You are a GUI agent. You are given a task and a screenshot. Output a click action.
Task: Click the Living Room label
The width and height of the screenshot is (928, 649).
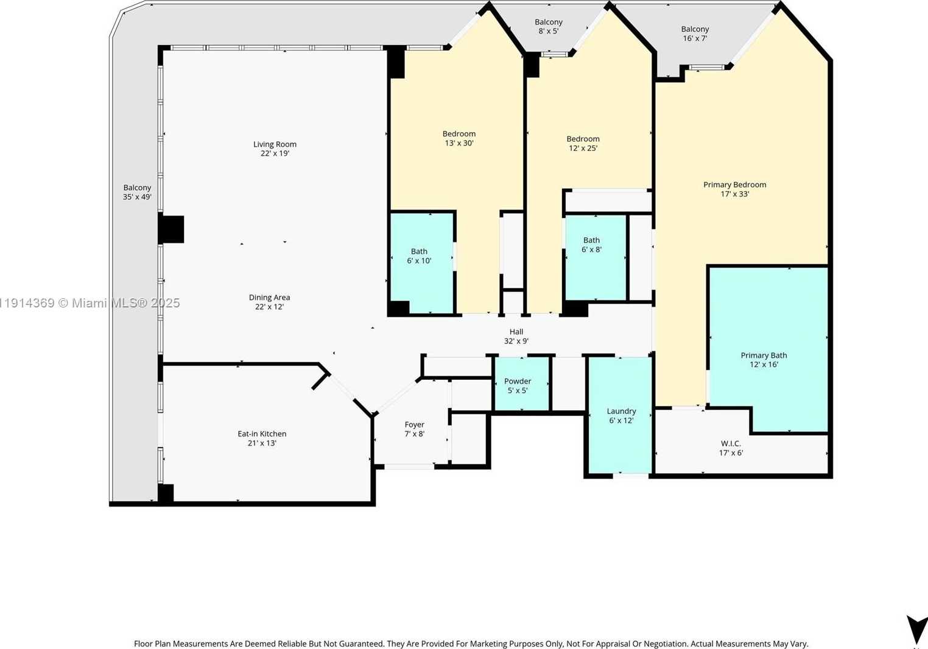(x=275, y=144)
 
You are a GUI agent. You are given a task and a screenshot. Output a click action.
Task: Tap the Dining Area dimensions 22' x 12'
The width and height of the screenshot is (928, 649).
(x=269, y=307)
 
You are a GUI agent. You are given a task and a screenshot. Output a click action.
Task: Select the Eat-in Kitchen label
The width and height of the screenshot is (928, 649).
(x=262, y=433)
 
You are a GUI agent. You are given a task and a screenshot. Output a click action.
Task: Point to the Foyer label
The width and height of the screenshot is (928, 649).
(x=414, y=424)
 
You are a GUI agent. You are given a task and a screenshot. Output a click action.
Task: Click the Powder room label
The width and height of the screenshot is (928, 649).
(x=518, y=381)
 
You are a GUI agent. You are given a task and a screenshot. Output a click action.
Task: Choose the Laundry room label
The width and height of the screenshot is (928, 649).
(x=621, y=412)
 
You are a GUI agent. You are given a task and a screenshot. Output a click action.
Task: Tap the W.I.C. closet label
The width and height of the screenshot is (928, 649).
(x=731, y=444)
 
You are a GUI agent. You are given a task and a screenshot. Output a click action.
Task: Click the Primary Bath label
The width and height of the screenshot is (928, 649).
(x=764, y=356)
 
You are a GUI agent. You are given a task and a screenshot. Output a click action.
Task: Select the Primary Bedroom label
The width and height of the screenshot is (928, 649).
(x=734, y=184)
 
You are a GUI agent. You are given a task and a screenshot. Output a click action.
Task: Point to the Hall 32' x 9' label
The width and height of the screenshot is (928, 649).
(x=516, y=336)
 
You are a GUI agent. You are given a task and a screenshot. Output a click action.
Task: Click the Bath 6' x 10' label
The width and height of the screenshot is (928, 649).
(x=419, y=256)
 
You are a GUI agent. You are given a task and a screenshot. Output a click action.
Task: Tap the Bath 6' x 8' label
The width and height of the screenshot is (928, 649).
(x=591, y=245)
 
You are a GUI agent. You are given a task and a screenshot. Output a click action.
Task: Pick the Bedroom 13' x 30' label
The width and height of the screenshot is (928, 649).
(x=459, y=138)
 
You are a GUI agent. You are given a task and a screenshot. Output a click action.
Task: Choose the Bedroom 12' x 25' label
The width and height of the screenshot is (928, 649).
(x=583, y=143)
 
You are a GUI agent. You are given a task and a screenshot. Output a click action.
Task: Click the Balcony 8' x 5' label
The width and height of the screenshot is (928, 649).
(x=549, y=27)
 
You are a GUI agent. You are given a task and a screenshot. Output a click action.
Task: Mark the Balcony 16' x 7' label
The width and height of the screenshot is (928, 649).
(x=695, y=33)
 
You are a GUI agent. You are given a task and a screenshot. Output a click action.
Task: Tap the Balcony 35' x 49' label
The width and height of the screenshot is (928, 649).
(x=137, y=192)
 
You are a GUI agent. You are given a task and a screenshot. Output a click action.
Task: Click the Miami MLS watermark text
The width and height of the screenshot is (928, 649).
(x=90, y=303)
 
